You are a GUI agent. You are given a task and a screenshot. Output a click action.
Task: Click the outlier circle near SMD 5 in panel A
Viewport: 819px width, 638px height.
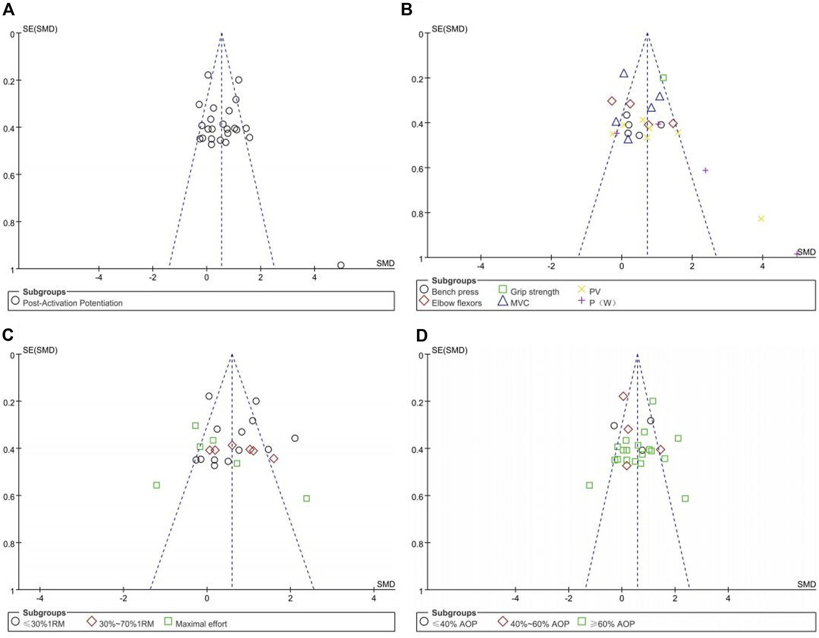pyautogui.click(x=341, y=265)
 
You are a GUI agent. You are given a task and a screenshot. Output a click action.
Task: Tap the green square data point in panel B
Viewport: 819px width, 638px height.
pyautogui.click(x=663, y=78)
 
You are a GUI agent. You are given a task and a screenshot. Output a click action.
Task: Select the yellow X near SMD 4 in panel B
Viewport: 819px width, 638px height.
pyautogui.click(x=761, y=219)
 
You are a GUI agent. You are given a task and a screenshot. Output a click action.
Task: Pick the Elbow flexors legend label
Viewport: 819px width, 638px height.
pyautogui.click(x=456, y=303)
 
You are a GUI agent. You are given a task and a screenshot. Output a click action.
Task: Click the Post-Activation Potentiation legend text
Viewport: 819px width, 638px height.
pyautogui.click(x=73, y=303)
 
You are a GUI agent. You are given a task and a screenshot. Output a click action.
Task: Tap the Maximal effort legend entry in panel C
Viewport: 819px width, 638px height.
pyautogui.click(x=201, y=624)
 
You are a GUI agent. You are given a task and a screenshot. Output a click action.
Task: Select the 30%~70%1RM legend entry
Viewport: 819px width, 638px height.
pyautogui.click(x=126, y=624)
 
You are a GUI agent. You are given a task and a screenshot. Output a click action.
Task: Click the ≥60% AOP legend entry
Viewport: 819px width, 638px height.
pyautogui.click(x=612, y=624)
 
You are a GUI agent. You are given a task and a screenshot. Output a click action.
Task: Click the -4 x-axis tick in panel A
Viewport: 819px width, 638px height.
pyautogui.click(x=99, y=277)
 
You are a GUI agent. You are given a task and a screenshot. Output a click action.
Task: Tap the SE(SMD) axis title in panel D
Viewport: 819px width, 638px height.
pyautogui.click(x=449, y=350)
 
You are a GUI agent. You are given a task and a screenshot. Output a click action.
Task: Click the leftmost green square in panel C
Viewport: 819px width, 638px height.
pyautogui.click(x=157, y=485)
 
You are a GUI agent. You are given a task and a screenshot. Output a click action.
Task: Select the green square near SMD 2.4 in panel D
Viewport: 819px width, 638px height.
pyautogui.click(x=685, y=498)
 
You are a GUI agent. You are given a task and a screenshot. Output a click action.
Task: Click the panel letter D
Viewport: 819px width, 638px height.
pyautogui.click(x=421, y=336)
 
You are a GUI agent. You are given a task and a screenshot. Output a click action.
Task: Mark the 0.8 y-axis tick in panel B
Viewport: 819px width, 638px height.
pyautogui.click(x=417, y=213)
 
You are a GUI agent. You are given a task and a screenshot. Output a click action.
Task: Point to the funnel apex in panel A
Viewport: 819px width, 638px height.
pyautogui.click(x=221, y=34)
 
